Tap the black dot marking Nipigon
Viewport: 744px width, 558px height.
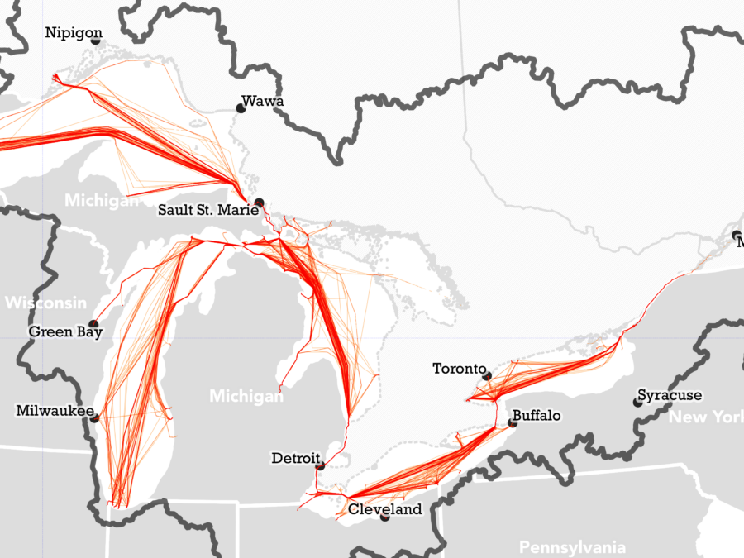click(96, 40)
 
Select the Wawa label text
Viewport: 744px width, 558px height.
click(263, 102)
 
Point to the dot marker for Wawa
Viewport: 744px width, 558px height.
click(241, 107)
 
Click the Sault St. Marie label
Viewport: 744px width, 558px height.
click(203, 210)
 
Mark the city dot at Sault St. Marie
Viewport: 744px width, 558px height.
click(259, 203)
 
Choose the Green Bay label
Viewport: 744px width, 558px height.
click(65, 332)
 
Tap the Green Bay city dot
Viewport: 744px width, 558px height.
click(93, 324)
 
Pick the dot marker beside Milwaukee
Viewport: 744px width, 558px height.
click(95, 417)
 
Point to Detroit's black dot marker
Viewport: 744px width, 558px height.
click(320, 466)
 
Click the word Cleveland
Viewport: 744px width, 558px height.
click(384, 509)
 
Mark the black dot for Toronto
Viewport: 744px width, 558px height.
click(487, 376)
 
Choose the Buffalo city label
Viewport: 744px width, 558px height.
click(537, 416)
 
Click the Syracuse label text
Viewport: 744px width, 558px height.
click(670, 395)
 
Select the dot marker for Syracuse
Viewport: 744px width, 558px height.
click(637, 402)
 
